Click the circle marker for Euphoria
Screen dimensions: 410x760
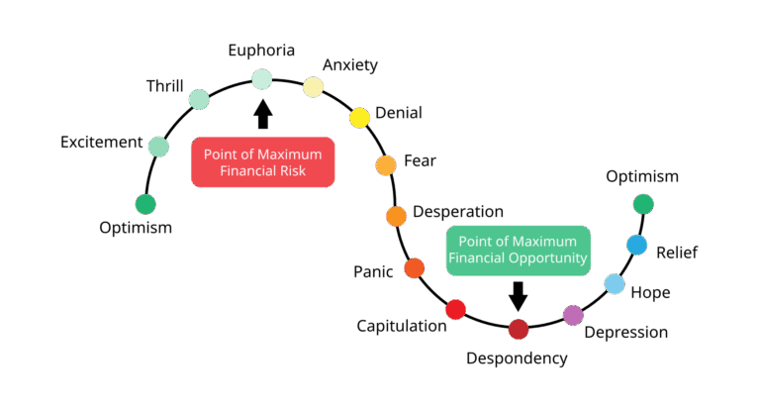coord(262,78)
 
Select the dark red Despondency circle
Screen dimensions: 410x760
coord(519,330)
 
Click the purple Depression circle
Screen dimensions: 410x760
coord(573,315)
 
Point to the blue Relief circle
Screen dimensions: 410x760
coord(637,245)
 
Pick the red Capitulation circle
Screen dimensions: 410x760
coord(455,310)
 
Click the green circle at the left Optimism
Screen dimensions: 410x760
coord(145,204)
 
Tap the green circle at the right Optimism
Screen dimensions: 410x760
coord(643,204)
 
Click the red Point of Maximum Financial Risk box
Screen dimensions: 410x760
coord(262,161)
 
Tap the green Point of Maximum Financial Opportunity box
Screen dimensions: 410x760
coord(518,251)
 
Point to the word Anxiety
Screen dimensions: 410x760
coord(350,65)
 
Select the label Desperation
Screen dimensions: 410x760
coord(458,212)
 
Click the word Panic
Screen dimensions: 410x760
coord(374,271)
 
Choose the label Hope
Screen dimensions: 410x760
coord(650,292)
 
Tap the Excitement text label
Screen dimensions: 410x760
coord(101,142)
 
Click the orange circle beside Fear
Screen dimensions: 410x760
coord(386,165)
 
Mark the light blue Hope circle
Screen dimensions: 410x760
coord(615,285)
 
